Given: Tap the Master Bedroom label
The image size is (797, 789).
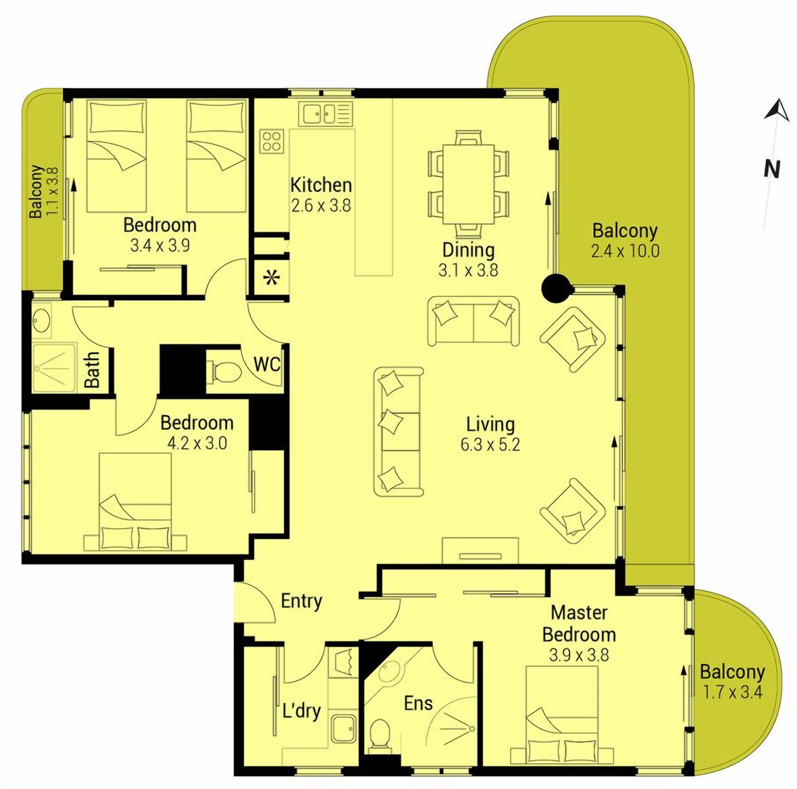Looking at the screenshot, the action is pos(579,624).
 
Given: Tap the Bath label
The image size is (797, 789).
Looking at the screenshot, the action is pos(92,370).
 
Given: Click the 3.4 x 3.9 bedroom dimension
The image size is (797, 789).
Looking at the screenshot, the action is pos(160,246).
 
